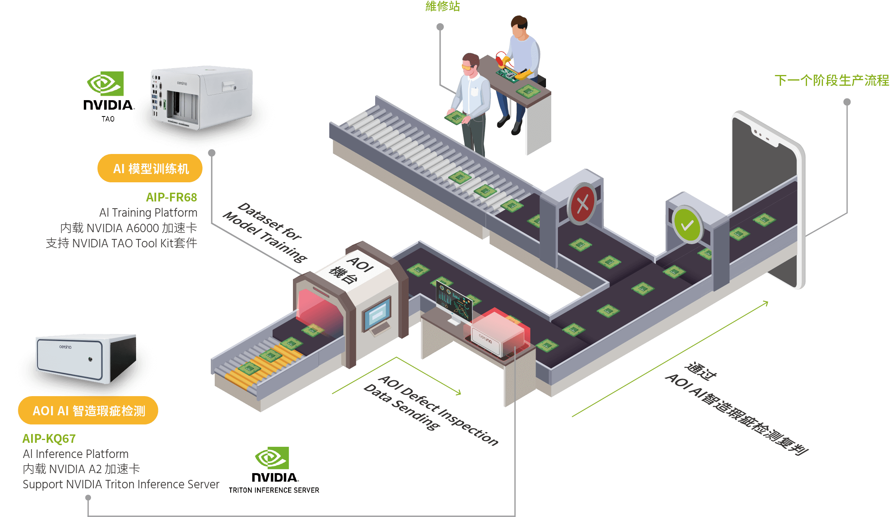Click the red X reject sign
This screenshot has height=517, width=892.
[582, 204]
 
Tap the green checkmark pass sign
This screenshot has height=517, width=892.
[687, 225]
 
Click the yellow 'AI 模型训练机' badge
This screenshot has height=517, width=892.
[150, 168]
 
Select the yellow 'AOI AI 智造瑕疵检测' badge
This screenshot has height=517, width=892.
[88, 410]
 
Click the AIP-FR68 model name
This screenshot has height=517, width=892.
[171, 197]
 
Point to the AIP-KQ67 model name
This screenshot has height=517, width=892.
[49, 438]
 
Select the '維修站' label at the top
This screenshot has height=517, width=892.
[442, 6]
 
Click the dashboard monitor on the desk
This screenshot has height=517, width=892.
[454, 302]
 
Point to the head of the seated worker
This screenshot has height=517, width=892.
[519, 27]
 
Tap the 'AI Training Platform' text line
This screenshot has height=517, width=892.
[148, 212]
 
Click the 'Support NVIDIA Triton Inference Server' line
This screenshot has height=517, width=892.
[121, 484]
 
